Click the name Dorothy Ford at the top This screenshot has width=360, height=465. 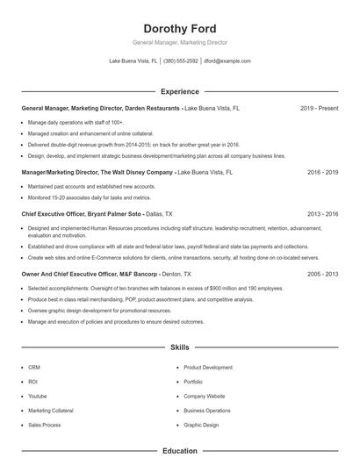179,28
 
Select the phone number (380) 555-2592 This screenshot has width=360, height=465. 180,61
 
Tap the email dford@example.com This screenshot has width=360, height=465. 227,61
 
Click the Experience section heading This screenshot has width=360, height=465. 179,91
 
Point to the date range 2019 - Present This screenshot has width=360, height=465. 319,108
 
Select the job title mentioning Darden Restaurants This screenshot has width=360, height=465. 101,108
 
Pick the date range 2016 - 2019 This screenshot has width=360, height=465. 322,173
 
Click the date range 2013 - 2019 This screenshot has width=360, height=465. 322,213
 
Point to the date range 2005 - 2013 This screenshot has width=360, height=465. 322,274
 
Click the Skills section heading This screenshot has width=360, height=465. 179,347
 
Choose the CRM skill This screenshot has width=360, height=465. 34,368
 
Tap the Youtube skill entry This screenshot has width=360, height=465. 38,396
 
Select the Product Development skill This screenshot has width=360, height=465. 208,368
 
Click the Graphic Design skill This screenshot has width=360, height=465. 201,425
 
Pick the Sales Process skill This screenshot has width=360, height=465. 44,425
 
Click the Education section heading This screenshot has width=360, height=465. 179,451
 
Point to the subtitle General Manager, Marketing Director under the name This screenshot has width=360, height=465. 179,42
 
